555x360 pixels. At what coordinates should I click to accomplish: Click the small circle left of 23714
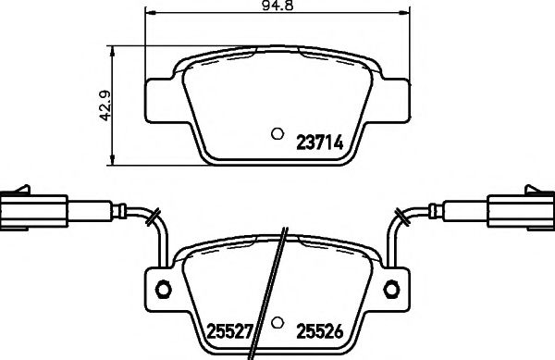[x=276, y=132]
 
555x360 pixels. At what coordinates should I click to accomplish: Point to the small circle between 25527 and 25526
[x=277, y=324]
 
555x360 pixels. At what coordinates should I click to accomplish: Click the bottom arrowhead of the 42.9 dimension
[x=112, y=155]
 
